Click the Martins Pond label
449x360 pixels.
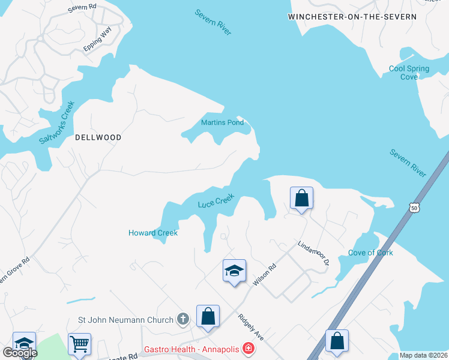click(222, 123)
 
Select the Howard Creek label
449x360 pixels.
click(153, 233)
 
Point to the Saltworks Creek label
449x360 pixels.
click(56, 122)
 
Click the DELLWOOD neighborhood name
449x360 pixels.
click(98, 137)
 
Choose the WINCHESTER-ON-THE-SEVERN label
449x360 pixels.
click(352, 17)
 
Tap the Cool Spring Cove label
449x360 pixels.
click(409, 73)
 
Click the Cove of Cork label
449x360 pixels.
click(371, 253)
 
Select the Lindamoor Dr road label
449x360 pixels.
click(314, 253)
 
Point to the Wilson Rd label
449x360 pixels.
click(264, 275)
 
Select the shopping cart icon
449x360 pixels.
click(79, 344)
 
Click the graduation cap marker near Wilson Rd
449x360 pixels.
click(234, 270)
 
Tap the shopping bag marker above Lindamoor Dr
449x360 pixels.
click(301, 197)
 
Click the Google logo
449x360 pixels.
click(20, 353)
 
